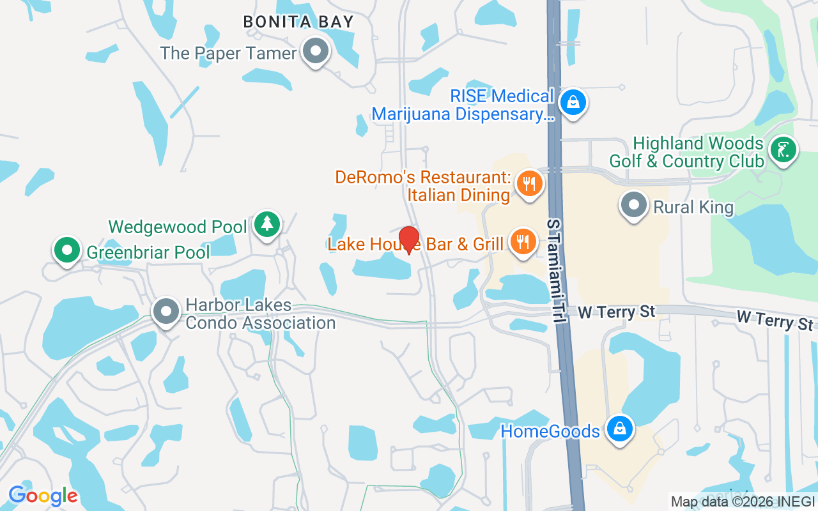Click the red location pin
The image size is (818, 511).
click(408, 240)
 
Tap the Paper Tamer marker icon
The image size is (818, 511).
click(314, 51)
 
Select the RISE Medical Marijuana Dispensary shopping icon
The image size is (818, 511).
click(573, 102)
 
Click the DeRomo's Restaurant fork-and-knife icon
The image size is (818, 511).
click(529, 184)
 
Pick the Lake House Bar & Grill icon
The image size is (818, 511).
click(523, 242)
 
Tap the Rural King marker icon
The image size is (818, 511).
click(634, 206)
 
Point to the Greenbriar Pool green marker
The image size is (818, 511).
click(66, 250)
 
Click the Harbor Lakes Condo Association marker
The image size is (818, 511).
click(167, 312)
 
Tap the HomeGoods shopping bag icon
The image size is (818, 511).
click(619, 429)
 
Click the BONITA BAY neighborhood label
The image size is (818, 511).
click(298, 22)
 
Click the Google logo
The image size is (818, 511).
click(43, 496)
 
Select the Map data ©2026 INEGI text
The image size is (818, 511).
click(743, 501)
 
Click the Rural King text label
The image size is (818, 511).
click(693, 207)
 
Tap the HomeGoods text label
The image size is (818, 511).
click(550, 431)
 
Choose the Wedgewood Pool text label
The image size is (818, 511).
click(178, 227)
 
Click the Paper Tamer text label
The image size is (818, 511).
click(229, 53)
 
